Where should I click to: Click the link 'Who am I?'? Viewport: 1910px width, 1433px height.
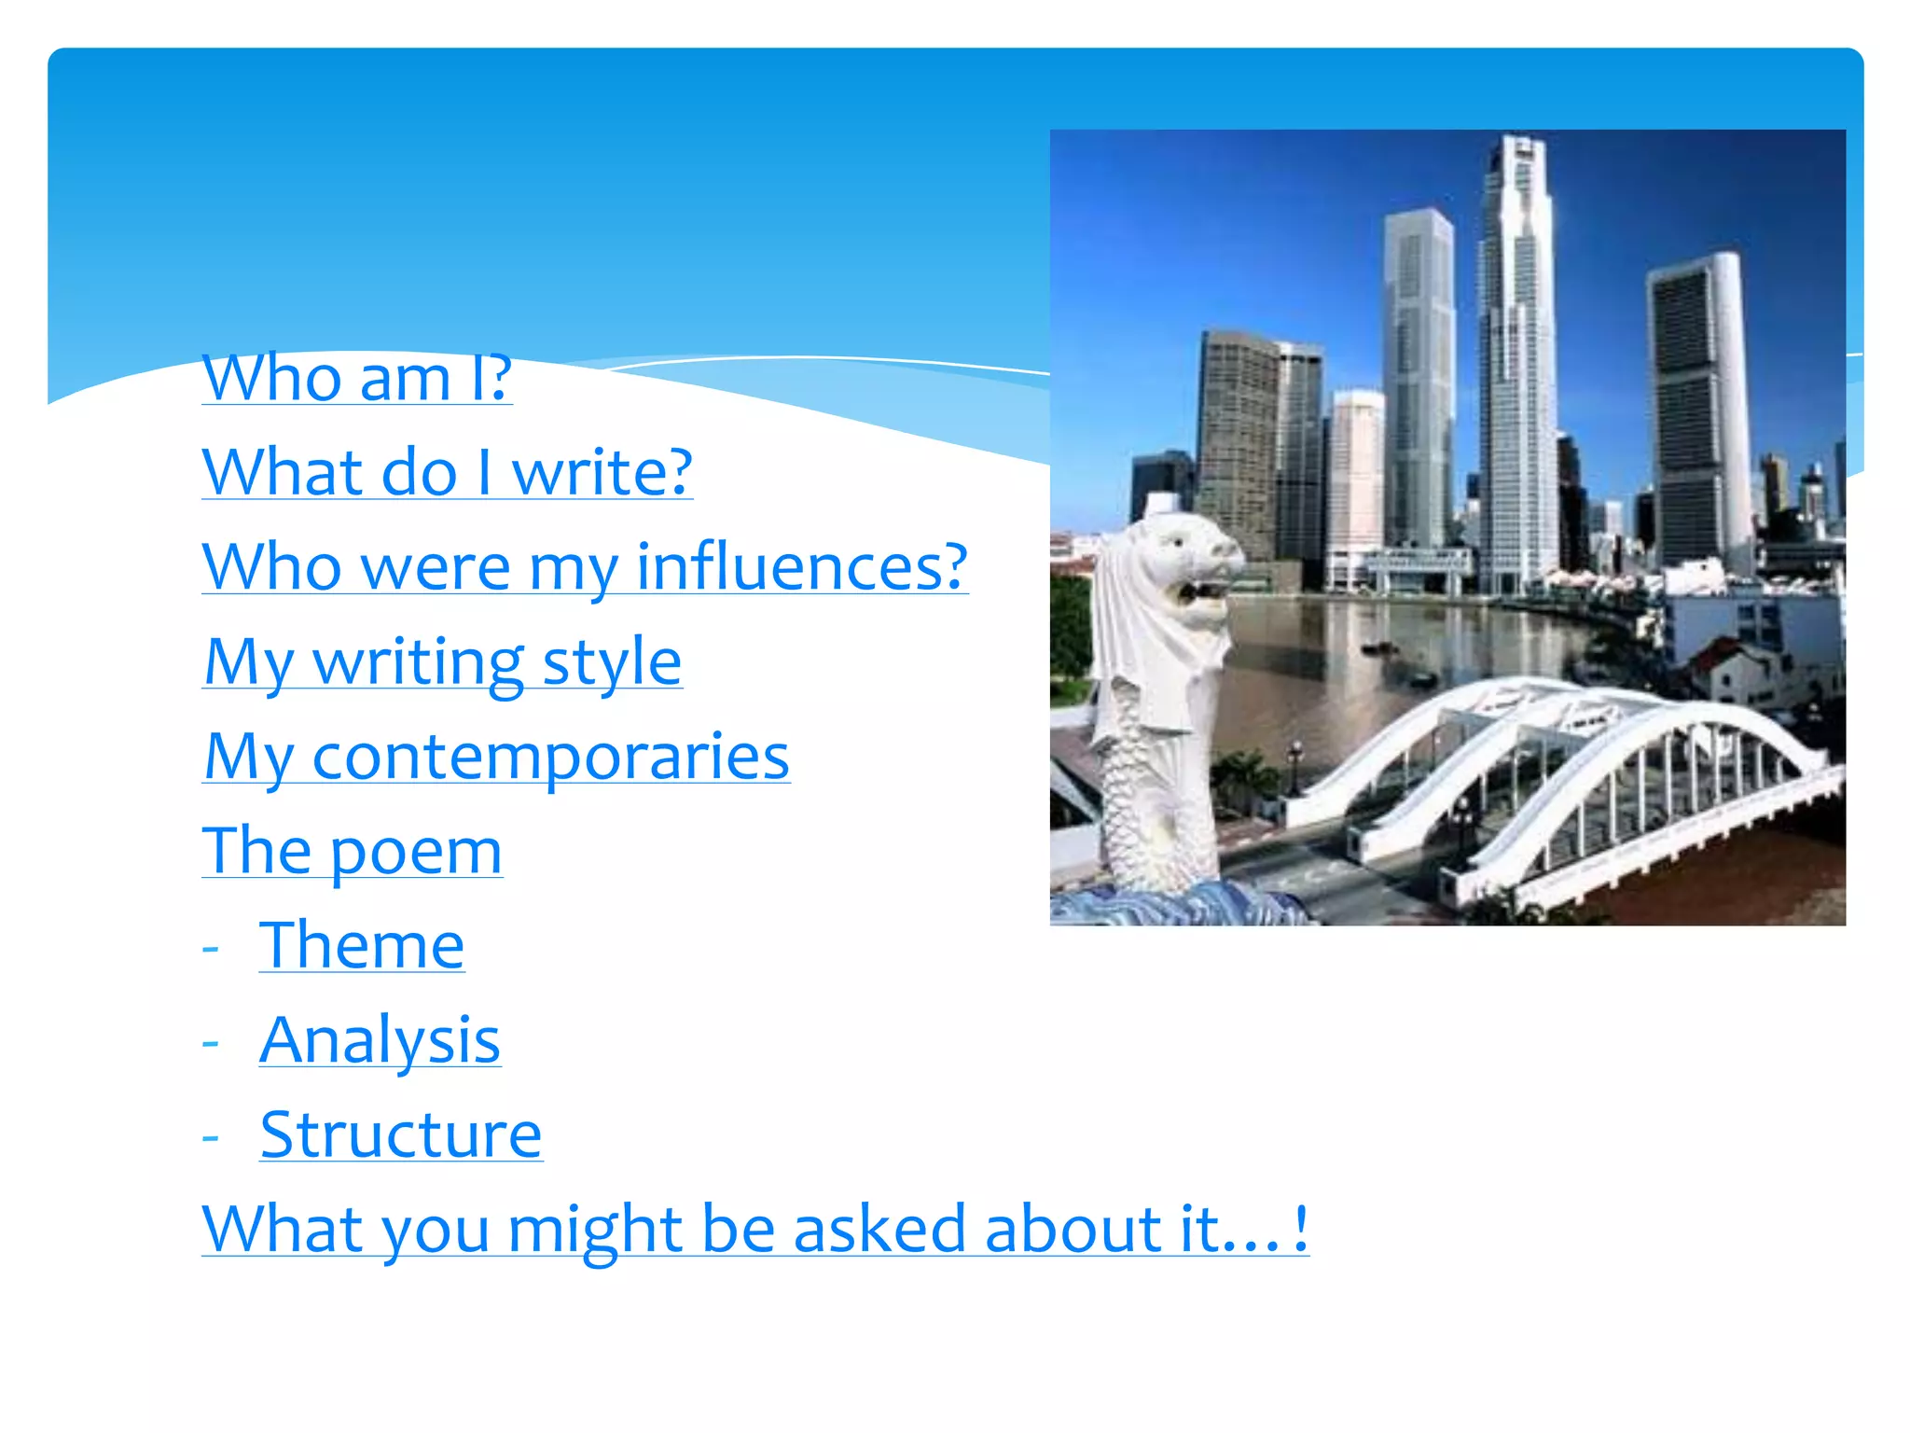(357, 378)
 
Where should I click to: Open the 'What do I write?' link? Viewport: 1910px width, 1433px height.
(447, 472)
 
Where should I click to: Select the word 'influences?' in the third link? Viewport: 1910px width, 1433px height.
(802, 567)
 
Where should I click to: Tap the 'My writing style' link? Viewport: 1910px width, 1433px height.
(443, 661)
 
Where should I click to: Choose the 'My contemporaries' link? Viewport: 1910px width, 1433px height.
(496, 756)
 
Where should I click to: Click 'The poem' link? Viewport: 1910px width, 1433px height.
(353, 851)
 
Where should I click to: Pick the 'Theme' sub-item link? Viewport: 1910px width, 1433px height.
(362, 945)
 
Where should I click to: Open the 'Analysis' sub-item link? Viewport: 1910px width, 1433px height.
(381, 1039)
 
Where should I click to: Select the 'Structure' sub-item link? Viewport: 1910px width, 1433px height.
(401, 1134)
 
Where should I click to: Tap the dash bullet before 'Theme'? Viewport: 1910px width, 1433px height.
(211, 949)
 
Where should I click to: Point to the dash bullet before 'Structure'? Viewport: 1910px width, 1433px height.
(211, 1138)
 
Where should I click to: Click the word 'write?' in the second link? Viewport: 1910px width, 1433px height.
(602, 472)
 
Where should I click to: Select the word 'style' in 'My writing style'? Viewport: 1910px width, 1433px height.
(612, 661)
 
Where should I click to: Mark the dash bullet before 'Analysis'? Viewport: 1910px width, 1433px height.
(211, 1043)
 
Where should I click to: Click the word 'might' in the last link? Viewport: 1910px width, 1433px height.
(595, 1229)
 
